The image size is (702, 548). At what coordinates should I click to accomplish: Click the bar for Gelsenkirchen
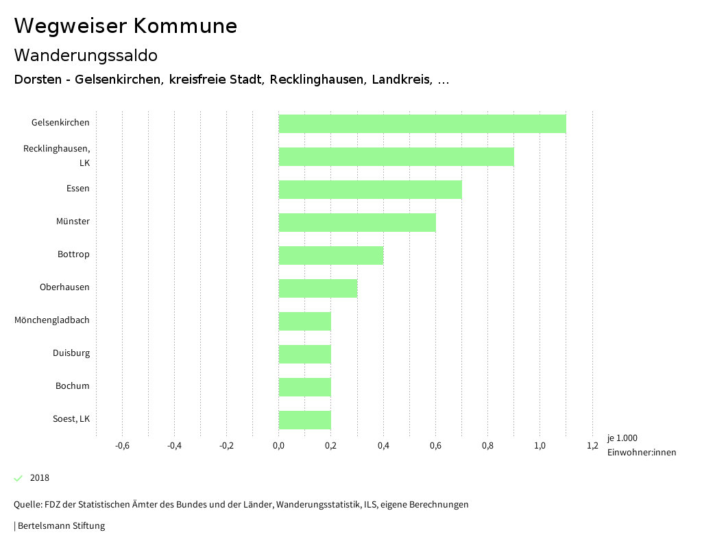click(x=422, y=123)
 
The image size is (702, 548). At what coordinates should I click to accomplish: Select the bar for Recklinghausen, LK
click(x=396, y=156)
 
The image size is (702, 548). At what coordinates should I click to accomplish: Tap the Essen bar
click(x=370, y=189)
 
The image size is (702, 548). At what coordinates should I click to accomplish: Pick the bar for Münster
click(x=357, y=222)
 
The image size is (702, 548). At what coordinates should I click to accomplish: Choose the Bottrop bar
click(x=331, y=255)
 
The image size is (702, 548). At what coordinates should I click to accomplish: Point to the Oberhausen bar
click(x=318, y=288)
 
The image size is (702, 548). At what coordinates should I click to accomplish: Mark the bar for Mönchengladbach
click(x=305, y=321)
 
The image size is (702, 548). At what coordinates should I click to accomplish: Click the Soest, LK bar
click(x=305, y=420)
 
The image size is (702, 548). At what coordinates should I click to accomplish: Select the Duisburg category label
click(x=71, y=353)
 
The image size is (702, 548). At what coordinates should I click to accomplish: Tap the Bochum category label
click(x=73, y=386)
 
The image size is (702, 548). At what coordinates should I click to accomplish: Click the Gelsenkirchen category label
click(x=60, y=123)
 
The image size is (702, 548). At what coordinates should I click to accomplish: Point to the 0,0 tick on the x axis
click(x=279, y=446)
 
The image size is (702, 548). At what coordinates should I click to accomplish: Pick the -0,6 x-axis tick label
click(x=122, y=446)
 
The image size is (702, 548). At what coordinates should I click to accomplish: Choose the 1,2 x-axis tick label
click(x=592, y=446)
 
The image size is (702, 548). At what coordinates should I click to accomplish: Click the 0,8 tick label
click(x=487, y=446)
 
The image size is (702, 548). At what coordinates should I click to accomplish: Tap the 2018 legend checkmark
click(x=19, y=478)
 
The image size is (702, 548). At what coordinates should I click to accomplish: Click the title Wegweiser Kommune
click(x=125, y=26)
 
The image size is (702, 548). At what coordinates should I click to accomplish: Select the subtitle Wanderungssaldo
click(x=86, y=55)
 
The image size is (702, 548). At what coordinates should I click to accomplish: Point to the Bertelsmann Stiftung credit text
click(x=60, y=526)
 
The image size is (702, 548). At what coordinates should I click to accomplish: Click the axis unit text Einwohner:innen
click(x=641, y=452)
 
